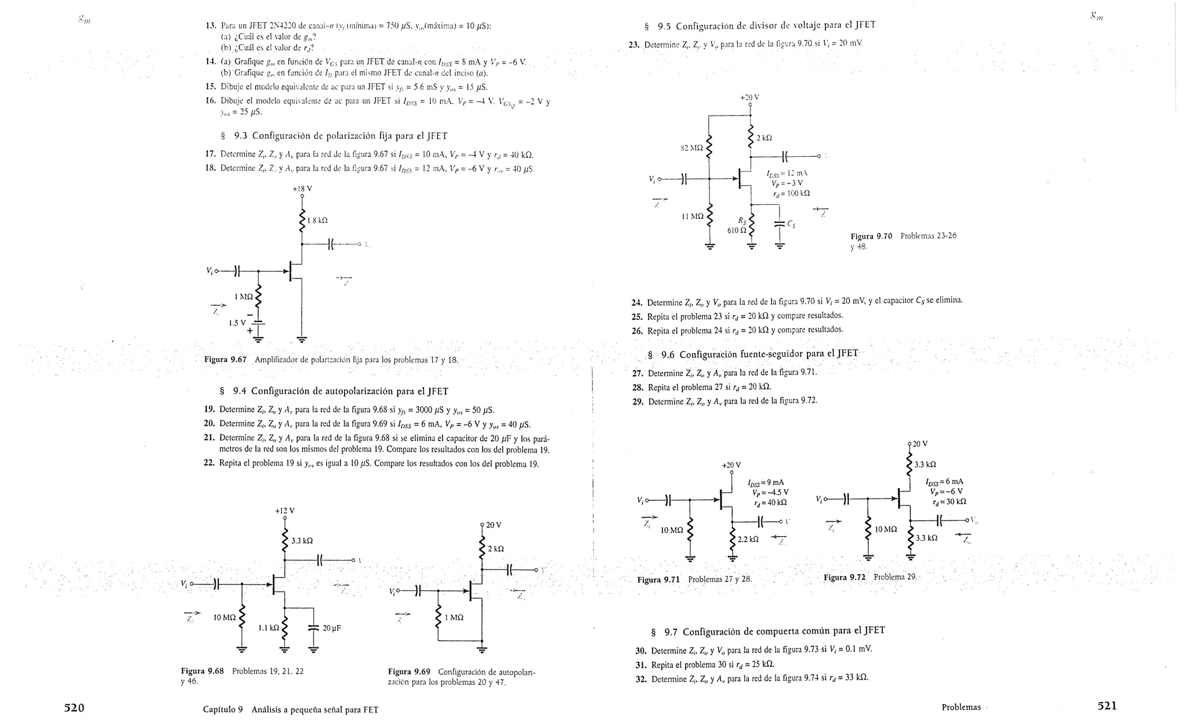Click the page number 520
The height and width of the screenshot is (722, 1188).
(x=74, y=707)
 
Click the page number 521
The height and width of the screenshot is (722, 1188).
(x=1106, y=706)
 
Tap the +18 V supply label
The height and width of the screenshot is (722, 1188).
(x=302, y=189)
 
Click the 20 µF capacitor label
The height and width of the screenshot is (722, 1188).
(x=332, y=628)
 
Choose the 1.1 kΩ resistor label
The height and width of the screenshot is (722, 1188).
(x=268, y=628)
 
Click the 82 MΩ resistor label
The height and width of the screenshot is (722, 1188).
(x=691, y=148)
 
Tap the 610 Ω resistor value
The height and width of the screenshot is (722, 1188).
(x=737, y=230)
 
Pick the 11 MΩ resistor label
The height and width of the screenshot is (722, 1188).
(x=693, y=216)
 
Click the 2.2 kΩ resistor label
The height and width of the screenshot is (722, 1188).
(x=748, y=539)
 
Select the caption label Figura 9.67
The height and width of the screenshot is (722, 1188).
(x=225, y=359)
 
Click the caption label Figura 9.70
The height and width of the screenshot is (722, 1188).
(x=871, y=236)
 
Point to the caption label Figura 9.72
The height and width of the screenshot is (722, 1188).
(x=844, y=577)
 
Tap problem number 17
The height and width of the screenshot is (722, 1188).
(x=211, y=154)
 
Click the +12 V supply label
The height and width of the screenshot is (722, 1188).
(x=284, y=511)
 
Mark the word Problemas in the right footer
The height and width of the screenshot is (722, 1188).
(x=961, y=707)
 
